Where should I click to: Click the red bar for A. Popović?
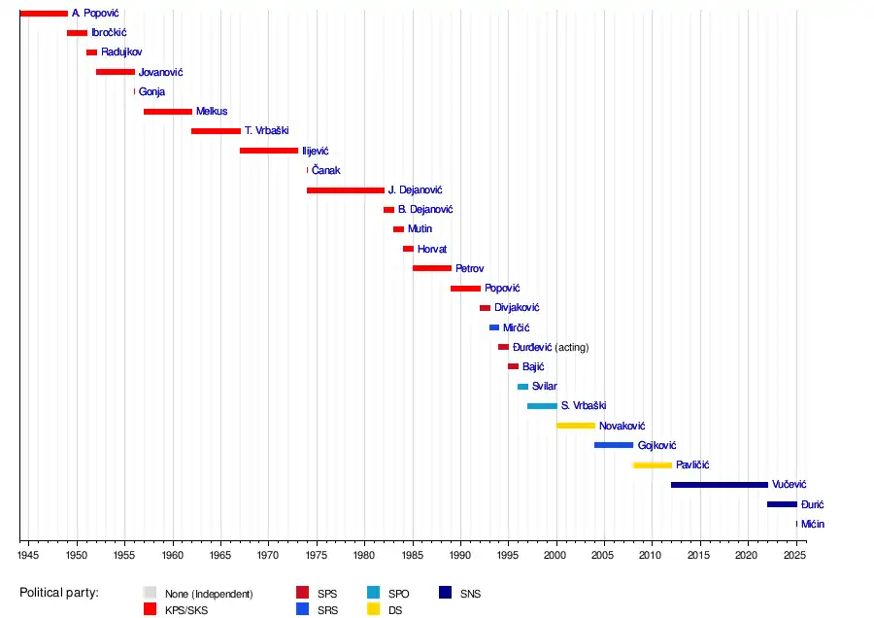click(44, 14)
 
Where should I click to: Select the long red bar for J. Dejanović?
click(346, 190)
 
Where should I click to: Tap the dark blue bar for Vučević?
click(720, 485)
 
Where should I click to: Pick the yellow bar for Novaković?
click(576, 426)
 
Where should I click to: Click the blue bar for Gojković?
click(614, 445)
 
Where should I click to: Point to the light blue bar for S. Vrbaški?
click(542, 406)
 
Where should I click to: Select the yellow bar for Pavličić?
click(653, 465)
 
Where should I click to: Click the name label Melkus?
click(212, 112)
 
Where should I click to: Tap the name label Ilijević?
click(316, 151)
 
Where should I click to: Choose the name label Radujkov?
click(121, 52)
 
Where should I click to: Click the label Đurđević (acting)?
click(551, 347)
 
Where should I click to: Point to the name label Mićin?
click(814, 524)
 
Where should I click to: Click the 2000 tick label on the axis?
click(555, 556)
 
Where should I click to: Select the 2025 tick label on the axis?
click(795, 556)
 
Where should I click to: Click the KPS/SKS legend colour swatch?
click(151, 609)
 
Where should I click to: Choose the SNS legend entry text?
click(470, 593)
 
